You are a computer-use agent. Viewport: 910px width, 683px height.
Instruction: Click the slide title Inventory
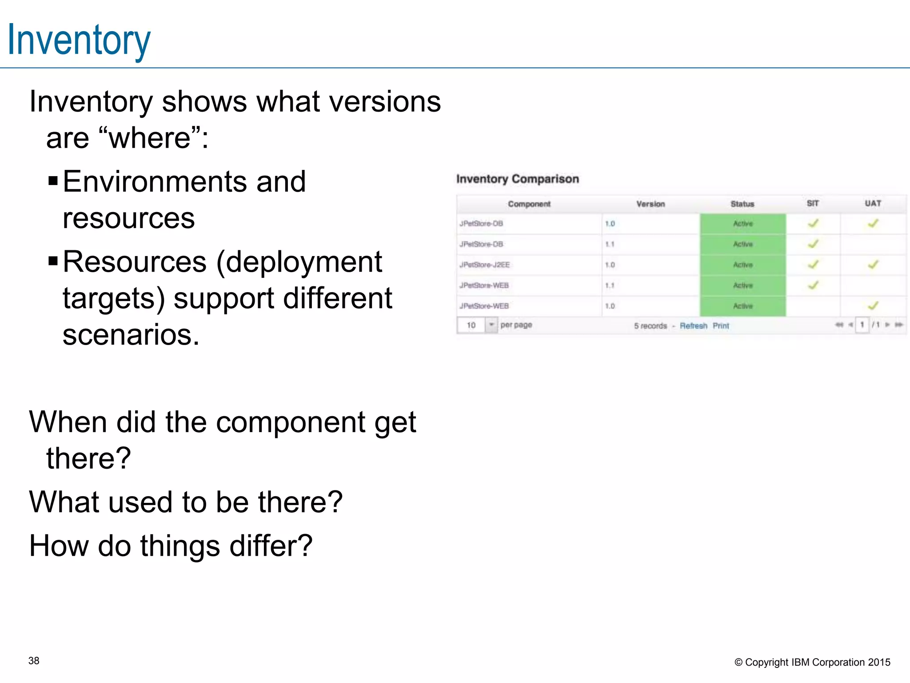(79, 40)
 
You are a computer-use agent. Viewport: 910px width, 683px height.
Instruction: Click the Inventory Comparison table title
(518, 179)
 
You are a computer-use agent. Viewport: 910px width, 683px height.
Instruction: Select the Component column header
(529, 204)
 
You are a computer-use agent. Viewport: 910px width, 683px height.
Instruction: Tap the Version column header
(651, 204)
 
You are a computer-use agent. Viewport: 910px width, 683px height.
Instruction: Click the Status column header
(742, 204)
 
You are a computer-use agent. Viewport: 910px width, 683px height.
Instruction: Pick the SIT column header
(813, 204)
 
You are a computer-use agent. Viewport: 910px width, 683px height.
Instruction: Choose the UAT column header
(873, 204)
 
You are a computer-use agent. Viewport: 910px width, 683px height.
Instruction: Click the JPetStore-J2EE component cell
(484, 265)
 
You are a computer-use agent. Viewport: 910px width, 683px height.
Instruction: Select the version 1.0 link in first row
(610, 224)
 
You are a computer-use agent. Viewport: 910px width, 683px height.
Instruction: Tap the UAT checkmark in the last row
(873, 305)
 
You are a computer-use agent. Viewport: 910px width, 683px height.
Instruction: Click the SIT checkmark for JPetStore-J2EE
(813, 265)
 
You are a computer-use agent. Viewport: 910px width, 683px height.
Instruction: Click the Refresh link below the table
(693, 326)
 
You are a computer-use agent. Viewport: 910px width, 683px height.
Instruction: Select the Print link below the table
(721, 326)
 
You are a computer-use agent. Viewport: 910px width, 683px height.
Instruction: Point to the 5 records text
(651, 326)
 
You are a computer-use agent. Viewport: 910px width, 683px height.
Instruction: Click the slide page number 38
(34, 661)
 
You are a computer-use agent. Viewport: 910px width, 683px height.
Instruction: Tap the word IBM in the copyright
(800, 662)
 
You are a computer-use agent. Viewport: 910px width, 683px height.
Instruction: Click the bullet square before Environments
(53, 181)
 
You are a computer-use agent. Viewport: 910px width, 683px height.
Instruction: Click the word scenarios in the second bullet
(131, 334)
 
